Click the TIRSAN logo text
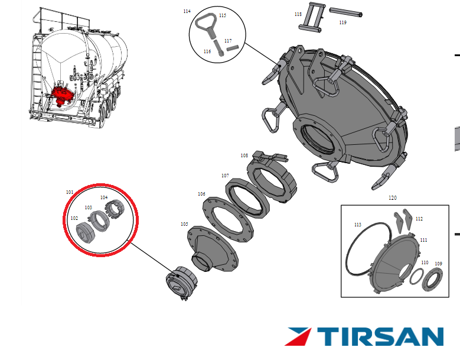point(380,337)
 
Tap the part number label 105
point(184,224)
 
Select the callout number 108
point(244,155)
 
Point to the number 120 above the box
point(393,197)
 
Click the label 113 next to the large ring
point(358,225)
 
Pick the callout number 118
point(298,14)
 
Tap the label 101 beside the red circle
point(70,192)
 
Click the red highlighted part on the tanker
point(62,95)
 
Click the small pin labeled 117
point(233,48)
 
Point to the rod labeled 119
point(346,12)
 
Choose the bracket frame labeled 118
point(312,17)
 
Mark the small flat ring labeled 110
point(416,276)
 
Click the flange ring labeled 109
point(432,279)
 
